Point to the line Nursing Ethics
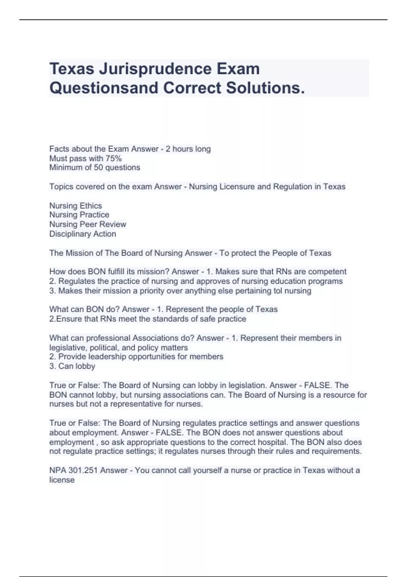point(76,206)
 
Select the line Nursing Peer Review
point(88,224)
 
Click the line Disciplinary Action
point(83,234)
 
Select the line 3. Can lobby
point(72,366)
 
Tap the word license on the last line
point(62,480)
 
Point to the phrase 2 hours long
point(188,149)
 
